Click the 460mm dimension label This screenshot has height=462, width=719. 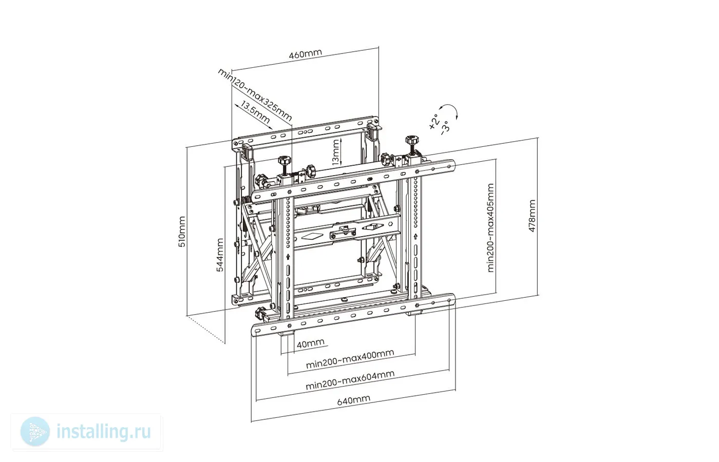point(305,54)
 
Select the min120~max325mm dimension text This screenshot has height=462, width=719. point(255,94)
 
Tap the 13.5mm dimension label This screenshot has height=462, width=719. point(255,112)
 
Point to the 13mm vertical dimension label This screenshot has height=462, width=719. point(335,152)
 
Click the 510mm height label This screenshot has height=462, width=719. point(182,232)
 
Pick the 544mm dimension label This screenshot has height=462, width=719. point(220,255)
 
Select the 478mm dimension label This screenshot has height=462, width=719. point(532,216)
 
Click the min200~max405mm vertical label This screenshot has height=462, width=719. point(490,228)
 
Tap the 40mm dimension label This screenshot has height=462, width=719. point(310,343)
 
